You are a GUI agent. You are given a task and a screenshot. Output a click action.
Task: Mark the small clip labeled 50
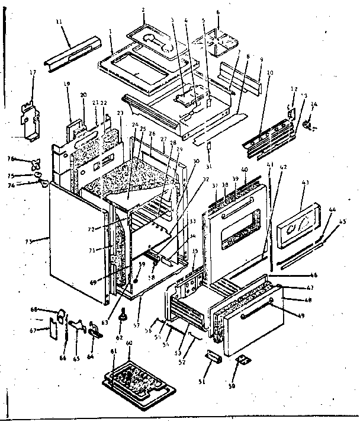(x=243, y=361)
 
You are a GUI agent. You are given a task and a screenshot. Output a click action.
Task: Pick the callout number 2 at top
(x=143, y=11)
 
